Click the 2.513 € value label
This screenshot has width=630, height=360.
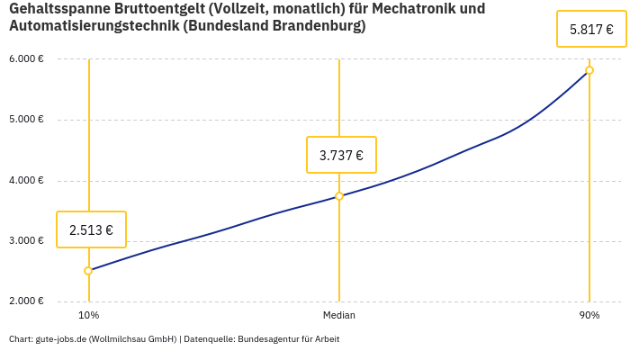tap(91, 229)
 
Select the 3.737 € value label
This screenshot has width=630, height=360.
tap(341, 155)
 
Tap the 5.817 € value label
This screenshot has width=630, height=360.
tap(591, 29)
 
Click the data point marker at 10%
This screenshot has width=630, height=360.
tap(88, 271)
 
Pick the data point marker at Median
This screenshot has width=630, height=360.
tap(339, 196)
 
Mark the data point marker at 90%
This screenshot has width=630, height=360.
tap(589, 70)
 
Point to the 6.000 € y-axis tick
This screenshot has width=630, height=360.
tap(26, 59)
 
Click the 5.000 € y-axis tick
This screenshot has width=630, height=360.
tap(26, 120)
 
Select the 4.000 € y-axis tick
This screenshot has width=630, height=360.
tap(26, 180)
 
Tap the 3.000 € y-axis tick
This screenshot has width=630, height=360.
tap(26, 241)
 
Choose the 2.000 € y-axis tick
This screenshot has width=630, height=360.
tap(26, 301)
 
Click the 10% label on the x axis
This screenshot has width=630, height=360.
tap(88, 316)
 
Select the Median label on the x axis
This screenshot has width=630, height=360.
tap(339, 316)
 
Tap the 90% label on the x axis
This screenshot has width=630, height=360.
tap(589, 316)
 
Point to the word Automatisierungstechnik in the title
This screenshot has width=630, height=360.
tap(93, 26)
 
